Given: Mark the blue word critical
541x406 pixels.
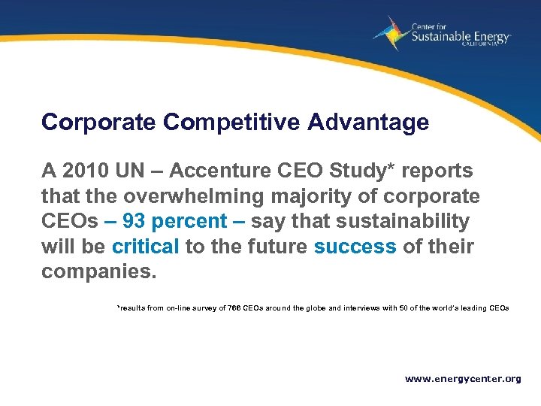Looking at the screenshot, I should coord(145,246).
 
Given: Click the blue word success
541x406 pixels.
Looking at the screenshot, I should coord(355,246).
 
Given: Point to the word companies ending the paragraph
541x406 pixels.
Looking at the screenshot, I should coord(98,271).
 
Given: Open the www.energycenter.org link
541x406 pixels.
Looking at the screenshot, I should coord(463,379).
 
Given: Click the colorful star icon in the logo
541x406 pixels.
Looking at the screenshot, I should coord(390,34).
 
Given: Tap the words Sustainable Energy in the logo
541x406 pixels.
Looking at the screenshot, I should coord(460,36).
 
